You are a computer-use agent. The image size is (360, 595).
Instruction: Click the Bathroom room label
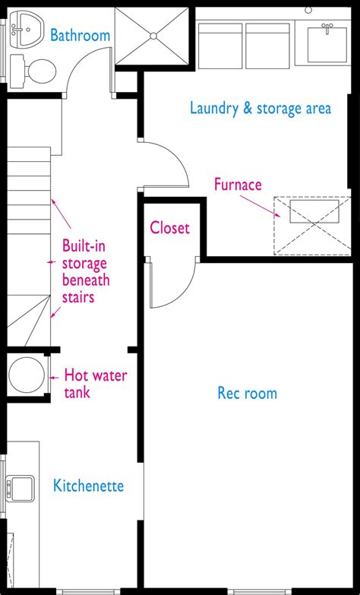click(x=80, y=35)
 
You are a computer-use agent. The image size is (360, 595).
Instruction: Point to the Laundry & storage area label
click(x=260, y=109)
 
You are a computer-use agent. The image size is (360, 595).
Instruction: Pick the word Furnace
click(x=238, y=184)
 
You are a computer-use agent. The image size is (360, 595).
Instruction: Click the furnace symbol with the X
click(x=313, y=226)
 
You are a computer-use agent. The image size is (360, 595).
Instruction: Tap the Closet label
click(x=169, y=227)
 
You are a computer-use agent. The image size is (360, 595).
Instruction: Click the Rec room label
click(x=247, y=393)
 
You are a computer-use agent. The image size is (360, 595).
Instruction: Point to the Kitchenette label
click(x=88, y=486)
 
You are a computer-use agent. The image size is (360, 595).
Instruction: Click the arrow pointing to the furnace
click(x=261, y=205)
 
